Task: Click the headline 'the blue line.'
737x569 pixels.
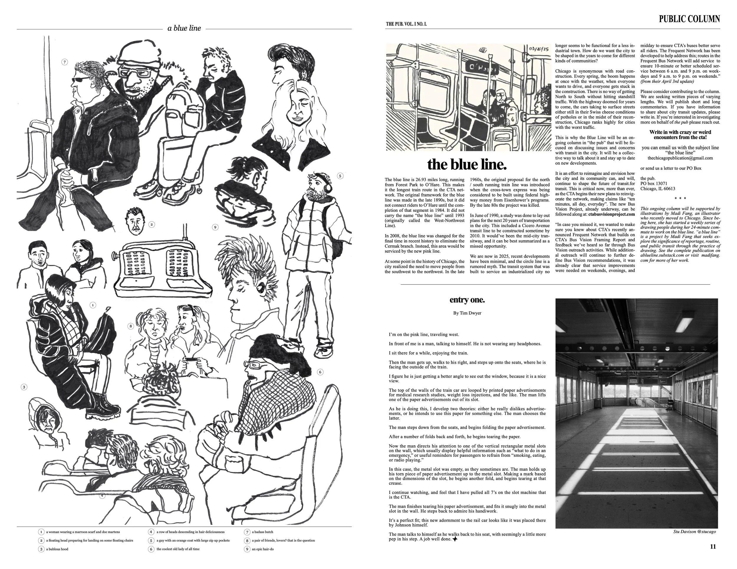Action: [467, 165]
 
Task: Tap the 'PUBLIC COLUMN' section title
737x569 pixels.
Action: [689, 19]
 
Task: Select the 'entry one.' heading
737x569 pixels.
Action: [467, 300]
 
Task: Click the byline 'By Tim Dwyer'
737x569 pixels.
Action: [467, 313]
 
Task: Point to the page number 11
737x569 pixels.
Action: [713, 547]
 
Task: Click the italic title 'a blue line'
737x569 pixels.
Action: [184, 28]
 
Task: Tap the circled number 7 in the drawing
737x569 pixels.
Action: [65, 62]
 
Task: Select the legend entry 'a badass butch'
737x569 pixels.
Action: [262, 532]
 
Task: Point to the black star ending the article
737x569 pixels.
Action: [455, 539]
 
